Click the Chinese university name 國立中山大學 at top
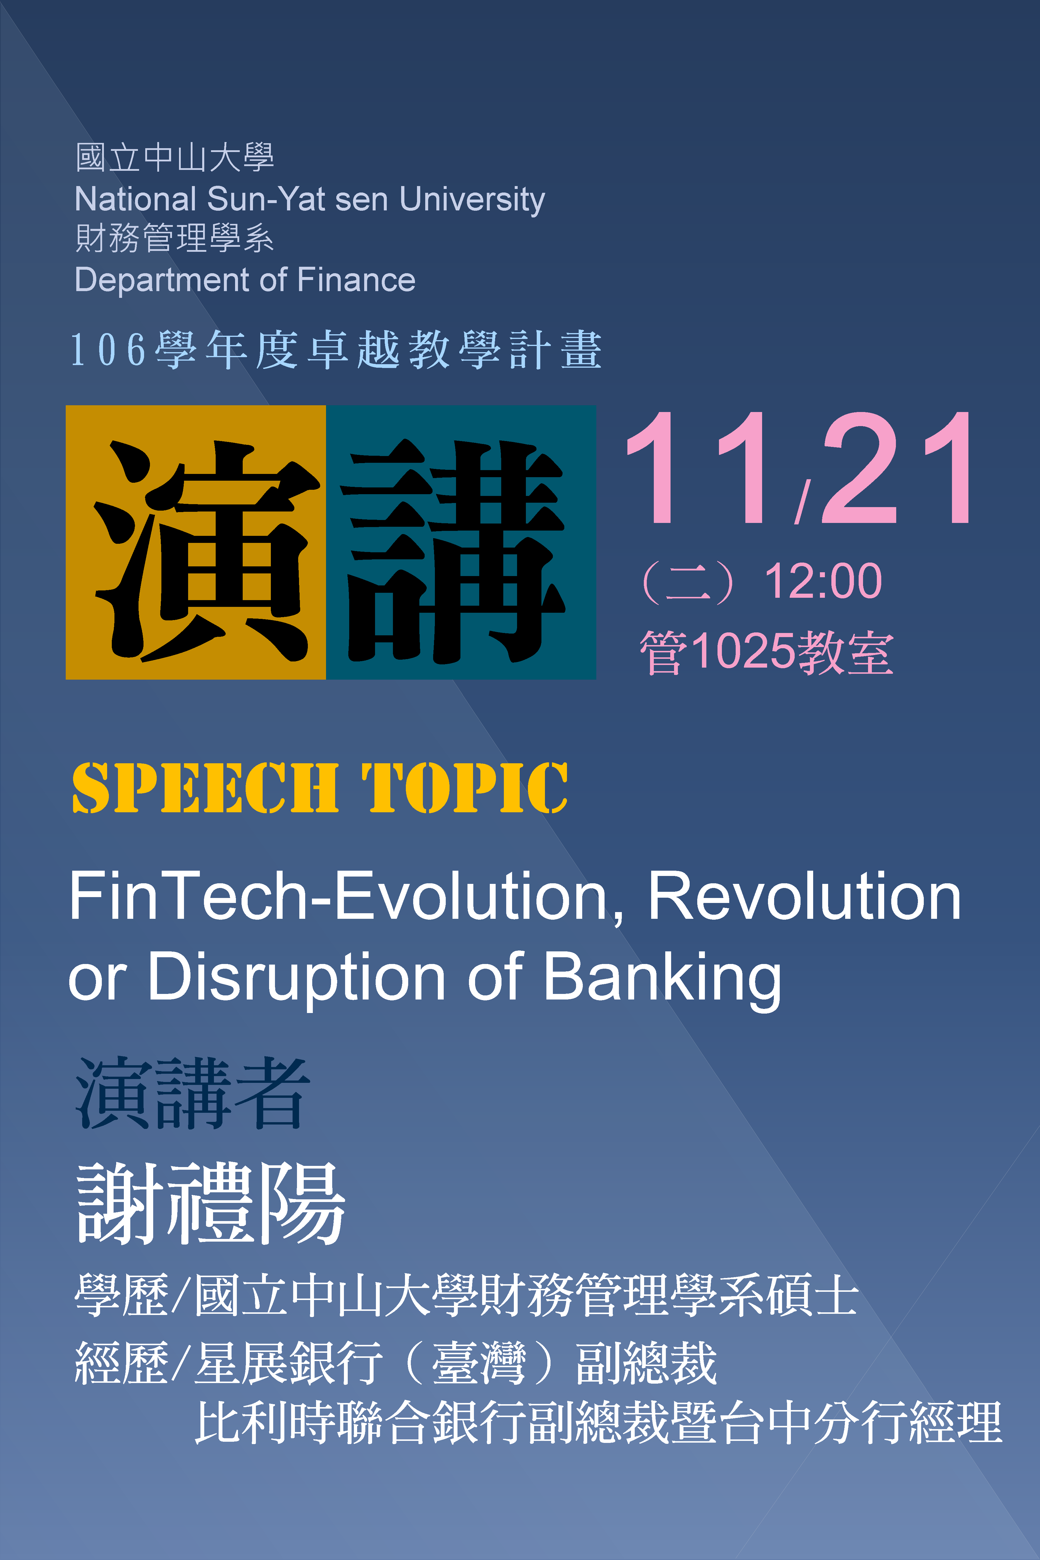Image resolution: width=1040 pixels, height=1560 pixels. pos(174,158)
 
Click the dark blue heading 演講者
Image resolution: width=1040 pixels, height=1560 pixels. pos(192,1093)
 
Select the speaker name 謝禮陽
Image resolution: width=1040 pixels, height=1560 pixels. pos(211,1203)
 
